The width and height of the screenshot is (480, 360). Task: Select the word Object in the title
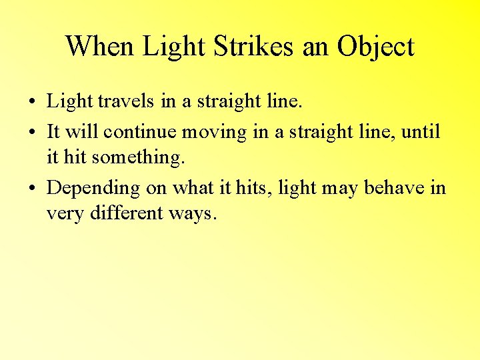[x=375, y=47]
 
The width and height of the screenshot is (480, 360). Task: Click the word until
[x=422, y=131]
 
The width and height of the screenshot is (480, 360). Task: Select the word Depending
[x=93, y=189]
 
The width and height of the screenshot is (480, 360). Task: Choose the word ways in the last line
[x=193, y=215]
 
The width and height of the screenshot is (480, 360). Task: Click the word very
[x=62, y=215]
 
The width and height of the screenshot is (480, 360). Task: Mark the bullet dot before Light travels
[x=32, y=103]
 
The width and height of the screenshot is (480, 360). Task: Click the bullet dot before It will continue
[x=32, y=133]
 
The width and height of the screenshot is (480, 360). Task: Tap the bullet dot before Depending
[x=32, y=189]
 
